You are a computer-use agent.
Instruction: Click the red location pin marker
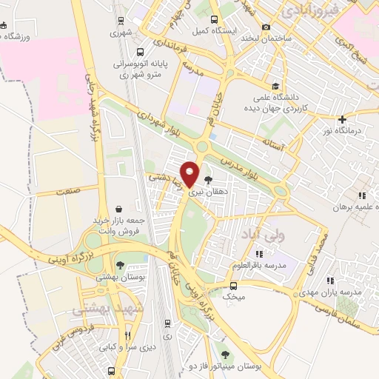190,174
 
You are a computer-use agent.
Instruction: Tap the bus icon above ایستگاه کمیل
214,20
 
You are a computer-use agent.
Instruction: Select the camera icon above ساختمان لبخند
266,27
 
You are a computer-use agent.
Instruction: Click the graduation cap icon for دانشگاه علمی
275,87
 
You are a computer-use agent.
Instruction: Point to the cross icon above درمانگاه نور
341,120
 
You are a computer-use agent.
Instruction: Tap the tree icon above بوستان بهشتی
120,264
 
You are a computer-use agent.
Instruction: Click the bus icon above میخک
234,286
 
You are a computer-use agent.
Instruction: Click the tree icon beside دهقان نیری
207,179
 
